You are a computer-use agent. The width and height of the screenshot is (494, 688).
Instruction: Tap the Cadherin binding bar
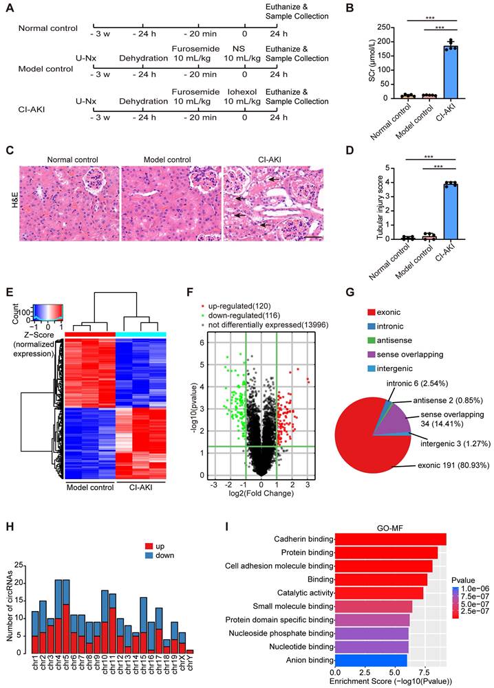(390, 538)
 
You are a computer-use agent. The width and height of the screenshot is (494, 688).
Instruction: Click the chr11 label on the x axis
(112, 671)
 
